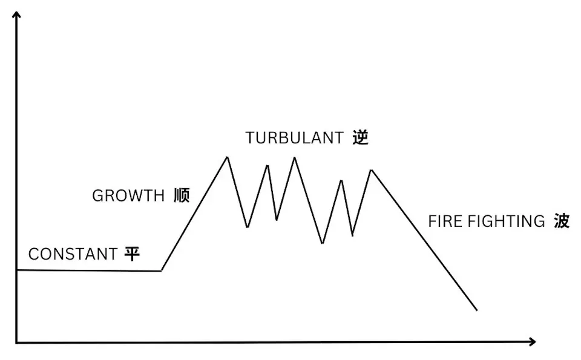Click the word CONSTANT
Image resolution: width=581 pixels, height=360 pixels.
[x=73, y=254]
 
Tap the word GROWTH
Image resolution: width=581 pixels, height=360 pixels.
[x=128, y=195]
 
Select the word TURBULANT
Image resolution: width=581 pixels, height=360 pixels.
[x=295, y=138]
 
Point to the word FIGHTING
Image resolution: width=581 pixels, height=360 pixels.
[x=506, y=221]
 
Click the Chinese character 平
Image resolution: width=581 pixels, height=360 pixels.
[x=132, y=254]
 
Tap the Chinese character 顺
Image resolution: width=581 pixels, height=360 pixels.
[x=182, y=195]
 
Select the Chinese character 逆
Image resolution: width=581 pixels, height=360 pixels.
[x=361, y=138]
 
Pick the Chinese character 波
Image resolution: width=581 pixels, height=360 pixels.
[x=562, y=221]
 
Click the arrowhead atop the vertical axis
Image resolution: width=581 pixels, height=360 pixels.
[x=16, y=14]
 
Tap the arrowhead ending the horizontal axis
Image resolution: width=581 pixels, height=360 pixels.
[x=533, y=341]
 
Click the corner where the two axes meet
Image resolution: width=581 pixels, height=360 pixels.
[x=17, y=342]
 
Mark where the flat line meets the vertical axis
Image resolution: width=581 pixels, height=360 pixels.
[x=17, y=270]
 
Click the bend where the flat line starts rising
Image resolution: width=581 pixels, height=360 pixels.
[x=162, y=270]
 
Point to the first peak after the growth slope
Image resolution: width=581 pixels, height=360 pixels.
[x=228, y=157]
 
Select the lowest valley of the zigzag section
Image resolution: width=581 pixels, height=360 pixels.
[x=323, y=243]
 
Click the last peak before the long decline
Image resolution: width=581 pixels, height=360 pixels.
[x=371, y=170]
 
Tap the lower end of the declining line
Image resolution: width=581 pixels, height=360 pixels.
[x=477, y=310]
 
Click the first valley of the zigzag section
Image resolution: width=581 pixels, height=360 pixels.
[x=248, y=227]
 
